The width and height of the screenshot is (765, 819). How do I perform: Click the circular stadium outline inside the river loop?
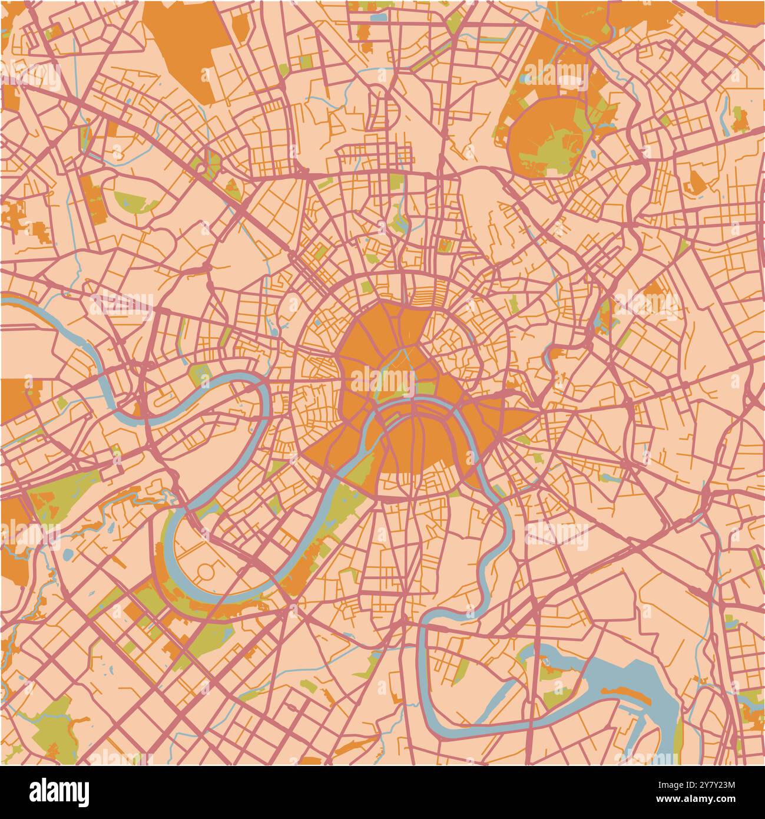coord(206,570)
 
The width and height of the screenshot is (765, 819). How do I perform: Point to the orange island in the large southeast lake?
coord(639,696)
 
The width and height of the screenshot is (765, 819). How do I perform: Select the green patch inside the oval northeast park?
coord(554,147)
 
